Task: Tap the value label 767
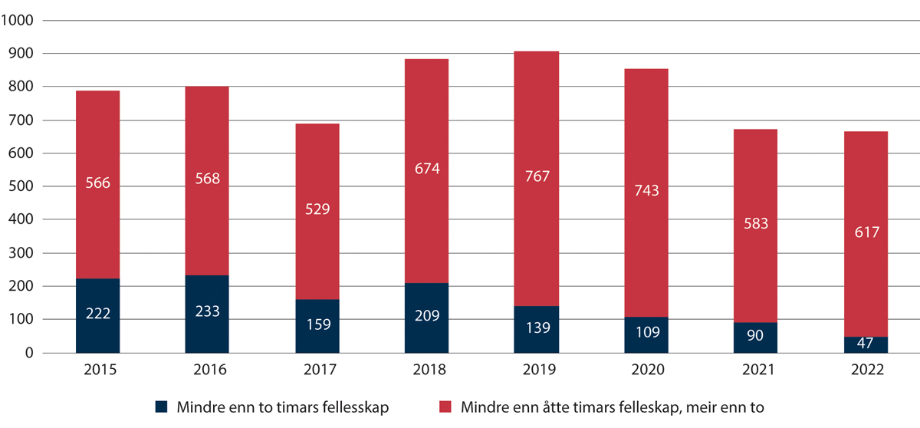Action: pos(537,177)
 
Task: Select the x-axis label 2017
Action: pos(317,370)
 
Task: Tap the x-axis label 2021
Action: pos(756,370)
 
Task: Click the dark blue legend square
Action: pos(161,407)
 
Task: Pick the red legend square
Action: pos(446,407)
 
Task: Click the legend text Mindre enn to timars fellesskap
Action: pos(282,407)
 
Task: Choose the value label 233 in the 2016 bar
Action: pos(207,311)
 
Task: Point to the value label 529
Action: pos(317,209)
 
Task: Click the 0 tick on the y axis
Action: pos(29,353)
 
